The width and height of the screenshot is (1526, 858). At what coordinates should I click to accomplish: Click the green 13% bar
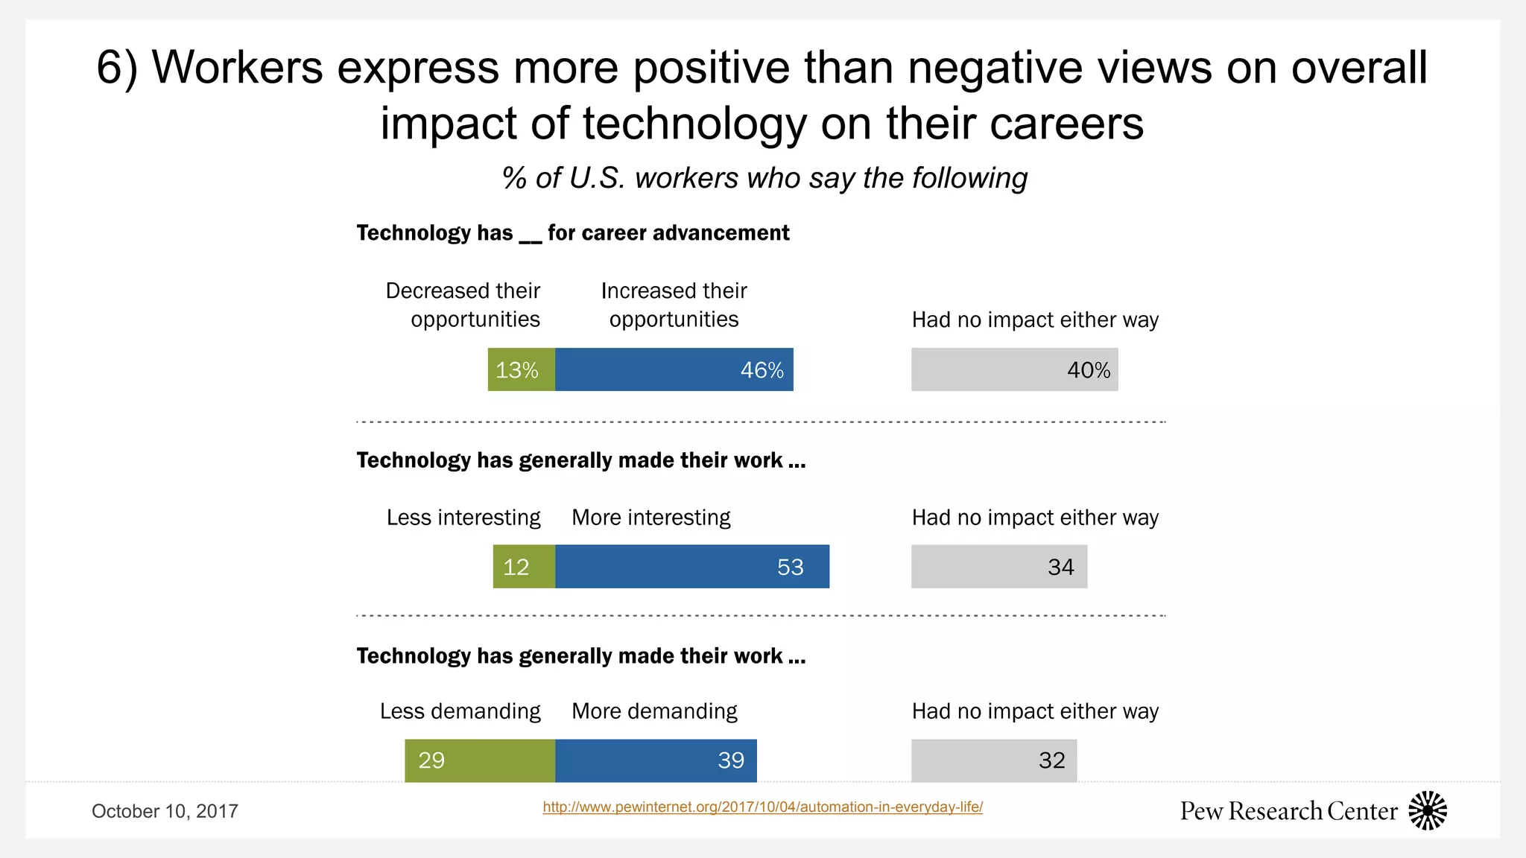(x=522, y=369)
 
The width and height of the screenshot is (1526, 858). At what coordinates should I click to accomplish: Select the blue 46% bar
(x=674, y=369)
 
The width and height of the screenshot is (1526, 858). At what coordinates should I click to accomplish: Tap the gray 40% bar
(x=1014, y=369)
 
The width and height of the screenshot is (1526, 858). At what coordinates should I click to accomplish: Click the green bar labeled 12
(x=524, y=567)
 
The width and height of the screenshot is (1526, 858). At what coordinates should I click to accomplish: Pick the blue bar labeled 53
(x=691, y=567)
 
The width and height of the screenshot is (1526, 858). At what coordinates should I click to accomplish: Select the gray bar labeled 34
(x=998, y=567)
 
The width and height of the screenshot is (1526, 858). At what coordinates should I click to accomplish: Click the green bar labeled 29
(x=480, y=760)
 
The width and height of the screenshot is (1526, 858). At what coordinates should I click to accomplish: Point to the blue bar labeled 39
(x=656, y=760)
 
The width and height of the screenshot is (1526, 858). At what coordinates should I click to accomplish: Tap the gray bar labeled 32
(x=993, y=760)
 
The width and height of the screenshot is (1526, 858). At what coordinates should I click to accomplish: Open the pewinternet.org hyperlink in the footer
(x=762, y=807)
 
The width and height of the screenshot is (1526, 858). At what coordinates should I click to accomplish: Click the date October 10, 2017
(x=165, y=811)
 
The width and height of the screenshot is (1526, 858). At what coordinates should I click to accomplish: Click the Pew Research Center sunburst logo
(x=1427, y=810)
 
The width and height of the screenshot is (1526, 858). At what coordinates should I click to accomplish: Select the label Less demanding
(x=460, y=711)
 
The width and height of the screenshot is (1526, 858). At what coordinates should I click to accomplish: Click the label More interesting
(x=650, y=518)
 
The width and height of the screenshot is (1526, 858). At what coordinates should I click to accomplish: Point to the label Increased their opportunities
(x=674, y=305)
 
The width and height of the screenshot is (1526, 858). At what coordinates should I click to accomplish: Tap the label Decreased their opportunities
(x=463, y=305)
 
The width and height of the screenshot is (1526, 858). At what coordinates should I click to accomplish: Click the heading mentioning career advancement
(x=572, y=233)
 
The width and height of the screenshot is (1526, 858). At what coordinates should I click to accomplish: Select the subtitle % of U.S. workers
(x=764, y=179)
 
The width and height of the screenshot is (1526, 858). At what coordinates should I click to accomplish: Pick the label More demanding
(x=654, y=711)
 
